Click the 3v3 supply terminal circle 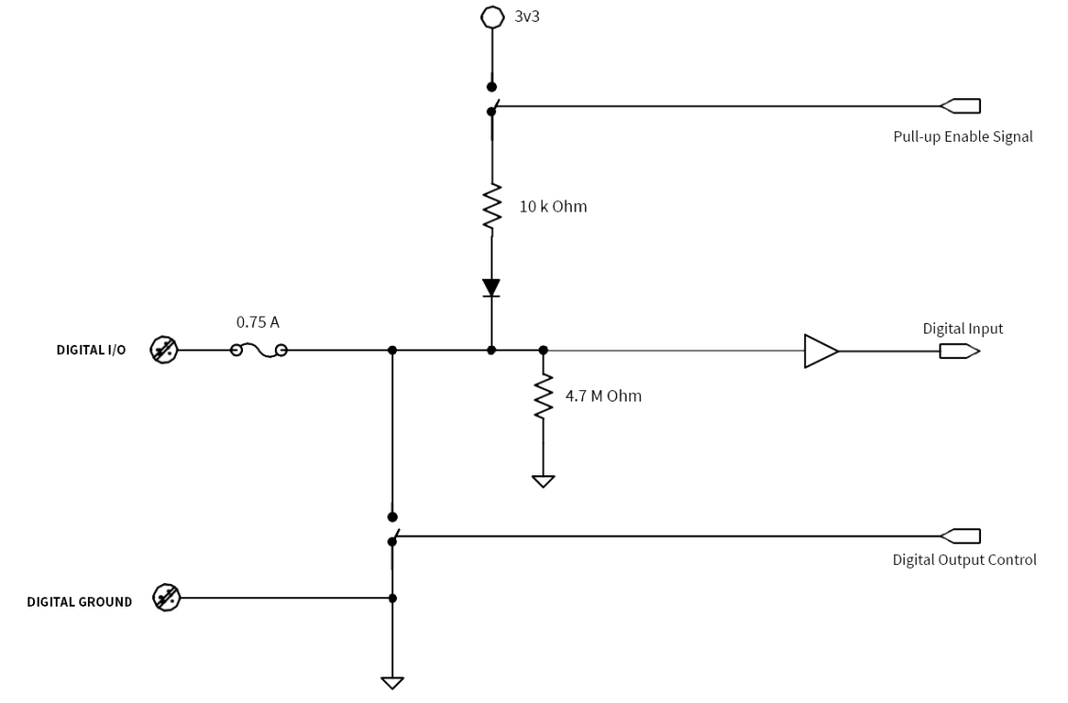[491, 17]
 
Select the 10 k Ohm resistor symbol [491, 207]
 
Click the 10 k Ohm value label [553, 207]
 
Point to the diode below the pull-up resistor [491, 287]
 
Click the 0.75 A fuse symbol [259, 351]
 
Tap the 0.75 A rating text [257, 322]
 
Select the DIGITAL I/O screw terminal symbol [164, 351]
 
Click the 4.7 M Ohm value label [604, 396]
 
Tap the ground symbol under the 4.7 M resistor [543, 481]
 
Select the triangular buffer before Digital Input [820, 351]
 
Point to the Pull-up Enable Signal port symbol [959, 106]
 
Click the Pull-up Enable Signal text [962, 137]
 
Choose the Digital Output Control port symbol [959, 537]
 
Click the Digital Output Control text [964, 560]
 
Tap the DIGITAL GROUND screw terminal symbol [166, 598]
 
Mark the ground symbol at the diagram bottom [392, 682]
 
